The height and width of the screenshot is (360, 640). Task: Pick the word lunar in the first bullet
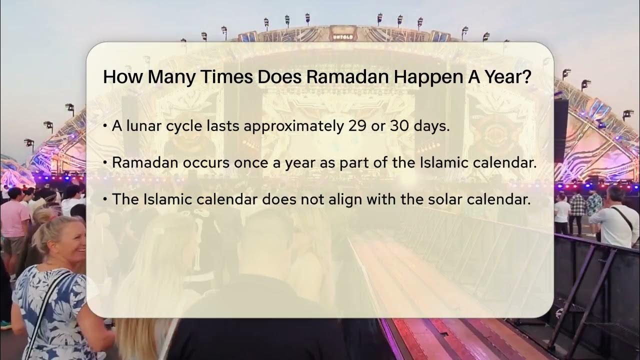(x=145, y=126)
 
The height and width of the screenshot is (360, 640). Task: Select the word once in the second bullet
(x=238, y=162)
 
